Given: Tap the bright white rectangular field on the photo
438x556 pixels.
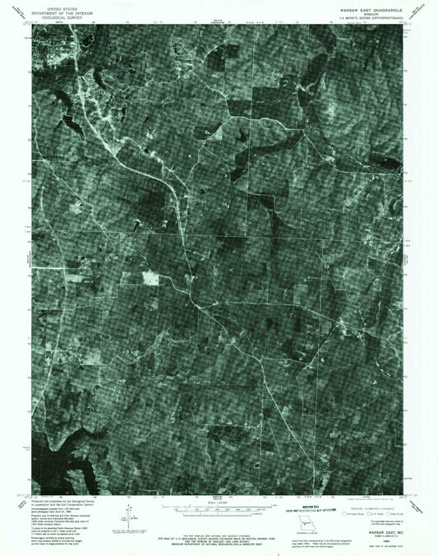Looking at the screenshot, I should pos(150,278).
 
